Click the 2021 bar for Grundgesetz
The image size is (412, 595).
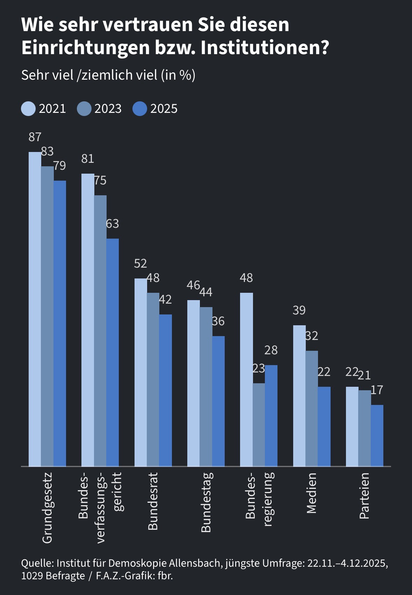point(35,309)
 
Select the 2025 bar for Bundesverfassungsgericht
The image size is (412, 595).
point(113,352)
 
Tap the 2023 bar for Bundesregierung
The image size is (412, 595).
point(259,425)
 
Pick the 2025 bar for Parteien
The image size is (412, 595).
point(377,435)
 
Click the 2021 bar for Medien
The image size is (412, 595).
point(299,396)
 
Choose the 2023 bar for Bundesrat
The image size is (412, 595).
point(153,379)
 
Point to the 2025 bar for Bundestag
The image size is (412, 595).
point(218,401)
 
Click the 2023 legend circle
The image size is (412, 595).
point(84,109)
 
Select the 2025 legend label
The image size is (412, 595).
point(164,109)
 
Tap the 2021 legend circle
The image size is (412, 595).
point(28,109)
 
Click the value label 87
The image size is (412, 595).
point(35,137)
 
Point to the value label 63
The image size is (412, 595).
point(113,224)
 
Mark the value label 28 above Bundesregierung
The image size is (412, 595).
point(271,350)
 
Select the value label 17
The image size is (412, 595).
point(377,390)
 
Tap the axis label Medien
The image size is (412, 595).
point(311,493)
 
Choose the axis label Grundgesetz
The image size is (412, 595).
point(47,507)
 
